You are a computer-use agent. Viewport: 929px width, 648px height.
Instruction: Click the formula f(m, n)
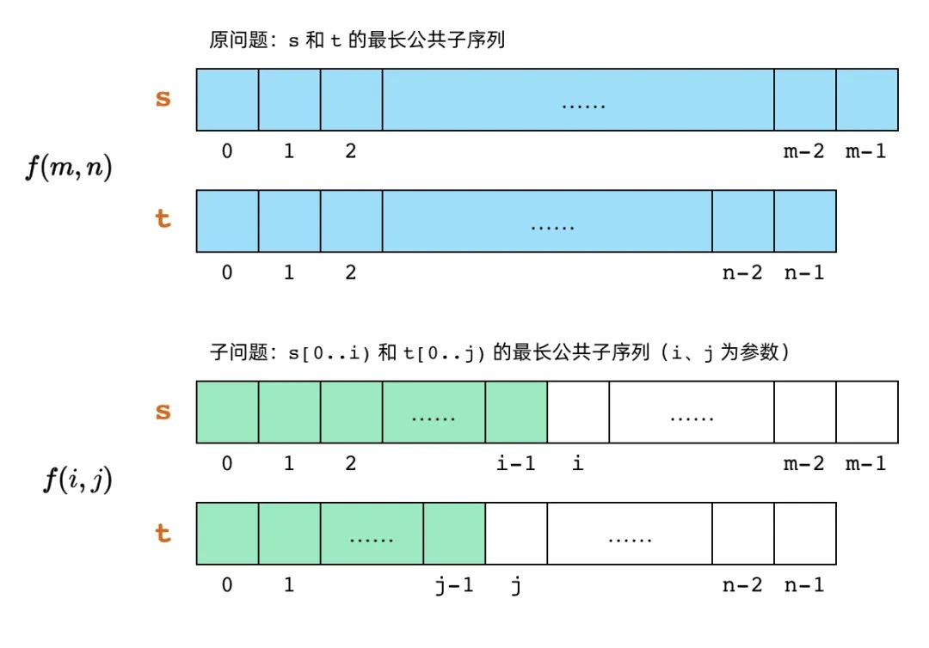(69, 167)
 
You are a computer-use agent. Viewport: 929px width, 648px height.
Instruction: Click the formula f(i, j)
(77, 480)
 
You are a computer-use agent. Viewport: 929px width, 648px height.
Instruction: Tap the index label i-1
(515, 462)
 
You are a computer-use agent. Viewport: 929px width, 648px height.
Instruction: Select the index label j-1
(454, 584)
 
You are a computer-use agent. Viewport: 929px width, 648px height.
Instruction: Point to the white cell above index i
(578, 412)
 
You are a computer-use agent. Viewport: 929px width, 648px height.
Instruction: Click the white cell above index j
(516, 533)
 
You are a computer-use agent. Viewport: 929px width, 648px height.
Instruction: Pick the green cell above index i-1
(516, 412)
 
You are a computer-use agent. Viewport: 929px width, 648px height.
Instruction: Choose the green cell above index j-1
(454, 533)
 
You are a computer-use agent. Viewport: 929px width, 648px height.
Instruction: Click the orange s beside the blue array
(163, 98)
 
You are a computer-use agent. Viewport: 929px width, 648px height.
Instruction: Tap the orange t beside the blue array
(163, 218)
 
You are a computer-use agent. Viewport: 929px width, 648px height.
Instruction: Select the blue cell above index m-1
(867, 100)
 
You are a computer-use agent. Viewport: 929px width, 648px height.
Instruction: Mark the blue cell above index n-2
(743, 221)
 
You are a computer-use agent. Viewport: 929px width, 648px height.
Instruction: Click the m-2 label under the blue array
(804, 151)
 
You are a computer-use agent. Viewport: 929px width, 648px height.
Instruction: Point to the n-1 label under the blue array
(804, 272)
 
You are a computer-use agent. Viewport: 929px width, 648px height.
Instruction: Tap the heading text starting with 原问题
(357, 40)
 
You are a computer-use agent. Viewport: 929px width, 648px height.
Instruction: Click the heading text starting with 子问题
(500, 352)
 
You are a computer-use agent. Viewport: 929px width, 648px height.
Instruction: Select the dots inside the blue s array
(583, 107)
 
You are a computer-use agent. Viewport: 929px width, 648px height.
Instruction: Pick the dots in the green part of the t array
(372, 540)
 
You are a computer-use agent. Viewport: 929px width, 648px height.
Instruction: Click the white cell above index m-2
(805, 412)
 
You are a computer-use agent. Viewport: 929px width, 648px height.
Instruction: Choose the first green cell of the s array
(227, 412)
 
